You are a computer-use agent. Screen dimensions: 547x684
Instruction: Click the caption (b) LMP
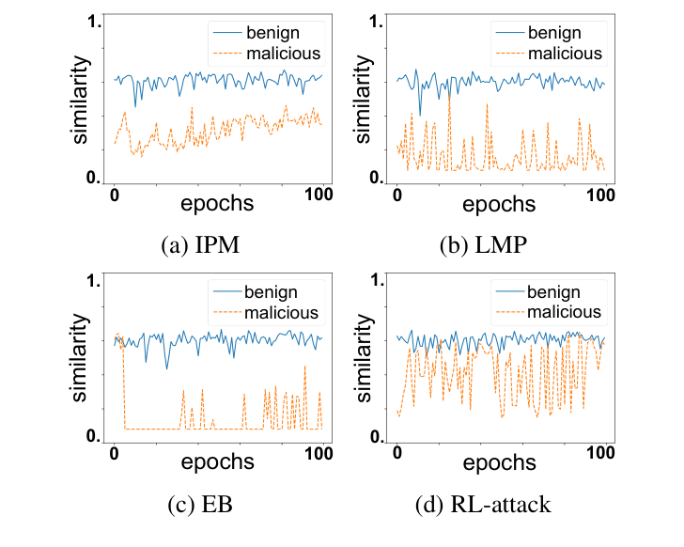(x=483, y=246)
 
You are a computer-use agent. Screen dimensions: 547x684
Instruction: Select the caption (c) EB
(x=202, y=505)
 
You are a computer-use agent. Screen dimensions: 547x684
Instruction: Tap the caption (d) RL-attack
(x=483, y=505)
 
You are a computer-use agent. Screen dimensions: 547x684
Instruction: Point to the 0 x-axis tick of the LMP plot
(x=397, y=197)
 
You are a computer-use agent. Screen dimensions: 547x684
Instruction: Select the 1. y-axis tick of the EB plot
(x=94, y=280)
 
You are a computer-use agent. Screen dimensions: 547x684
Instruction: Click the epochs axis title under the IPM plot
(x=217, y=202)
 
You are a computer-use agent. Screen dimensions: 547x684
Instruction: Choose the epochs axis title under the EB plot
(x=217, y=461)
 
